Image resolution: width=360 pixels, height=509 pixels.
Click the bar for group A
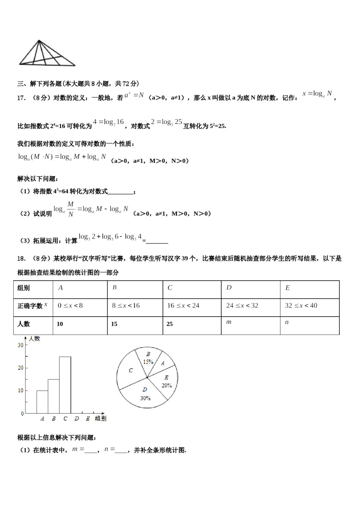click(x=42, y=402)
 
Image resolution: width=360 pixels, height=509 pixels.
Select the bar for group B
click(x=53, y=396)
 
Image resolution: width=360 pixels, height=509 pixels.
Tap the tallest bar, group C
click(x=65, y=385)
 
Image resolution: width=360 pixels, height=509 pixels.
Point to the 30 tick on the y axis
click(x=20, y=345)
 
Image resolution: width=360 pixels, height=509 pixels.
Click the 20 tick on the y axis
click(x=20, y=368)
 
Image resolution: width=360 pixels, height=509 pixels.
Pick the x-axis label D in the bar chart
click(x=77, y=418)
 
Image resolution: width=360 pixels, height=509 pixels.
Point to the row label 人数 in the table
click(x=24, y=324)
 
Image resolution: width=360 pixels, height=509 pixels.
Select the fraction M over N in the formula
click(x=70, y=209)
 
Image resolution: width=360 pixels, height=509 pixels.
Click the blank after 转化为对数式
click(x=121, y=192)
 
